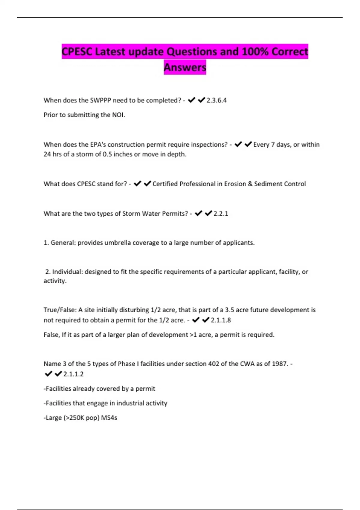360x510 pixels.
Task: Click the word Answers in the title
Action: [185, 67]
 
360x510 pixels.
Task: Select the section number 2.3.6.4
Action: [216, 100]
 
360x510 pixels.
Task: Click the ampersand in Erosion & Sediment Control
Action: [250, 184]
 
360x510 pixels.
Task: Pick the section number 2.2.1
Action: [220, 214]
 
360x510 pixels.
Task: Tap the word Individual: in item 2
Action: [67, 272]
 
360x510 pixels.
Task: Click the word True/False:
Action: [60, 310]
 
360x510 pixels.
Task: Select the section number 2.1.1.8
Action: [221, 320]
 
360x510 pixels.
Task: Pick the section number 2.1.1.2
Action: [73, 374]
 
